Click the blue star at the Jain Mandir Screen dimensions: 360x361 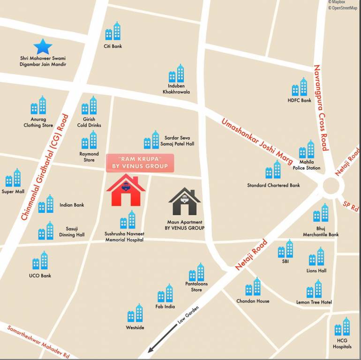(43, 46)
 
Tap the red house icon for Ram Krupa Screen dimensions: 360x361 (126, 190)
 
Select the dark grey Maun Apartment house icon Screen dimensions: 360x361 (185, 202)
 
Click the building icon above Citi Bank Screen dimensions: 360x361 (113, 31)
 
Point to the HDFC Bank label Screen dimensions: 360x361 (299, 100)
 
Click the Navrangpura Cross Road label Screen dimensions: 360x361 (320, 107)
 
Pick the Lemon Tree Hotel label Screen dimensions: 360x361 (314, 302)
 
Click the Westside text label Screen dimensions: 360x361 (135, 327)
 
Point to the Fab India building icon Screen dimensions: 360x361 (165, 293)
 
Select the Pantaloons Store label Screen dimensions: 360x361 (196, 287)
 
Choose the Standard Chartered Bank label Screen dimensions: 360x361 (273, 185)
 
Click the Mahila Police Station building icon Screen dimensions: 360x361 (307, 150)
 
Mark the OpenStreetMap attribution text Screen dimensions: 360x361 (344, 8)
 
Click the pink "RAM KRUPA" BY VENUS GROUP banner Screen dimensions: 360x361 (140, 163)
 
